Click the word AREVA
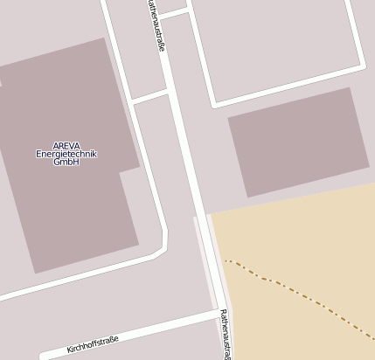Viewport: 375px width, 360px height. pos(66,146)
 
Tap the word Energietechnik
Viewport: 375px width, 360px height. pos(66,154)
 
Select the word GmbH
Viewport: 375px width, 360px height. pos(66,162)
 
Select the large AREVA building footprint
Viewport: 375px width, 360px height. pos(61,210)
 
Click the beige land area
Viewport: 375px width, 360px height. pos(297,245)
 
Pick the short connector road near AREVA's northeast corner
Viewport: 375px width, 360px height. pos(150,94)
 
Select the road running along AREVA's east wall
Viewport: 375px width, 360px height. pos(150,175)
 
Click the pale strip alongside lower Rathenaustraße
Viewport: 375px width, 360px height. pos(204,262)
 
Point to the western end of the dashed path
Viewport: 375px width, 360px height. pos(226,260)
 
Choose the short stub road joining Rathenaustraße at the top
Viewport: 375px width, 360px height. pos(174,13)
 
